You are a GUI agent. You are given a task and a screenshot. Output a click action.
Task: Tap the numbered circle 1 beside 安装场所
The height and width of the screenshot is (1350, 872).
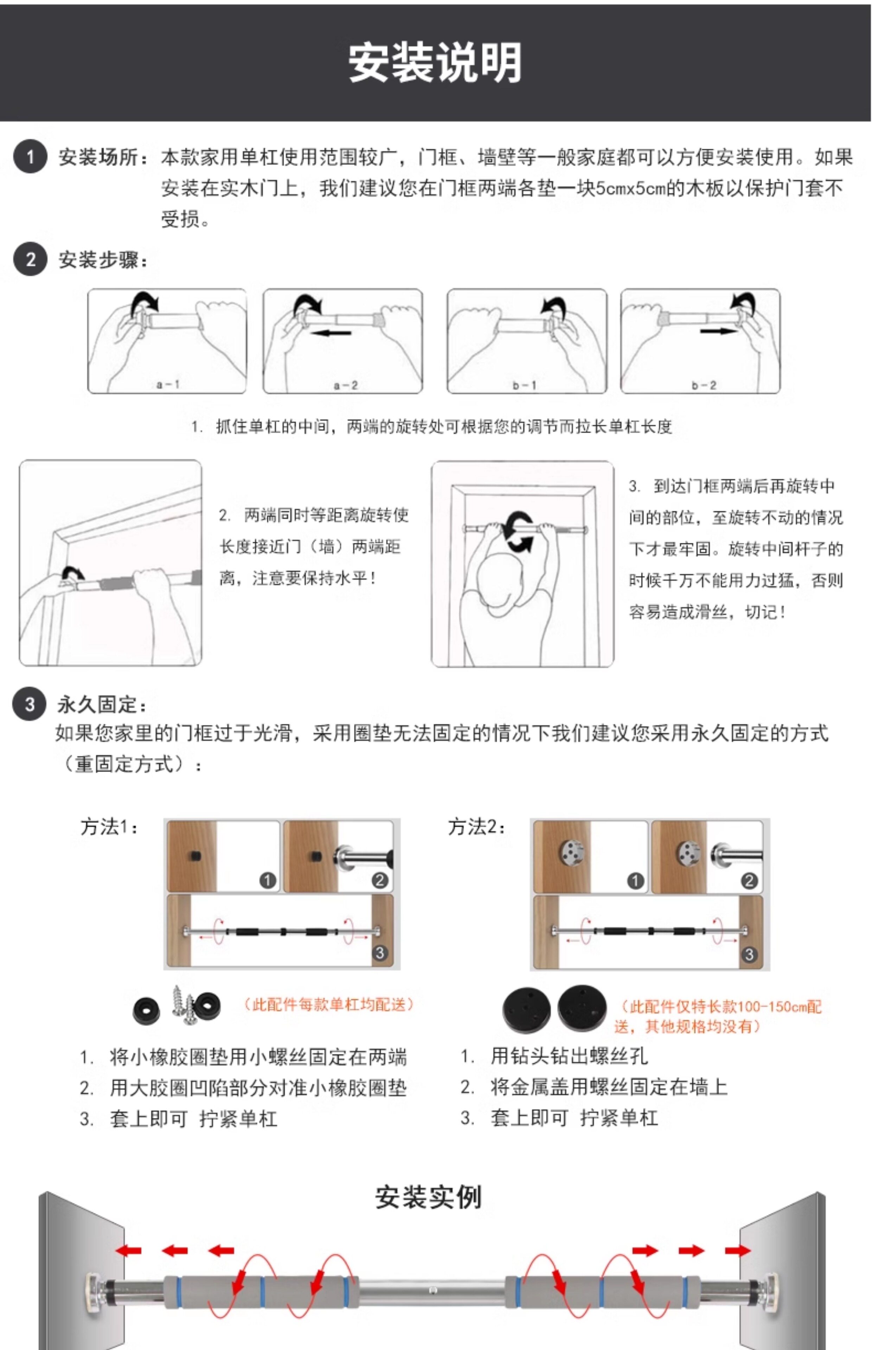click(30, 157)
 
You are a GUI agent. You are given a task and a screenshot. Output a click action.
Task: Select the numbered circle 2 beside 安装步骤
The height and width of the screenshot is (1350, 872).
click(30, 260)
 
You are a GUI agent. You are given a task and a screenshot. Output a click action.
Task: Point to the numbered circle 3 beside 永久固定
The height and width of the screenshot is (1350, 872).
click(30, 704)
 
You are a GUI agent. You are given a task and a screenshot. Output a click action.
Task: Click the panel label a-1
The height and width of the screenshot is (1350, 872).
click(168, 384)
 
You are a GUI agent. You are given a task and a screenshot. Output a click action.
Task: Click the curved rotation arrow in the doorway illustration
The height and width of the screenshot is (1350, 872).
click(519, 532)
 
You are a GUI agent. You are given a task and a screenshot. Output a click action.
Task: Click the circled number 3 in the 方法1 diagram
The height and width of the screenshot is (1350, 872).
click(380, 953)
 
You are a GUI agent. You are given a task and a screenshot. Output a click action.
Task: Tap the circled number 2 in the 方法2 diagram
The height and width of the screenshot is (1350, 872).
click(749, 881)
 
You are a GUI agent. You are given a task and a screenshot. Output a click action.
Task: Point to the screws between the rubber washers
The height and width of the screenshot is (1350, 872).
click(183, 1006)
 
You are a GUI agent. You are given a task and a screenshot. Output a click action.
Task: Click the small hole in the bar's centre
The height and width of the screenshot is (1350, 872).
click(432, 1290)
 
